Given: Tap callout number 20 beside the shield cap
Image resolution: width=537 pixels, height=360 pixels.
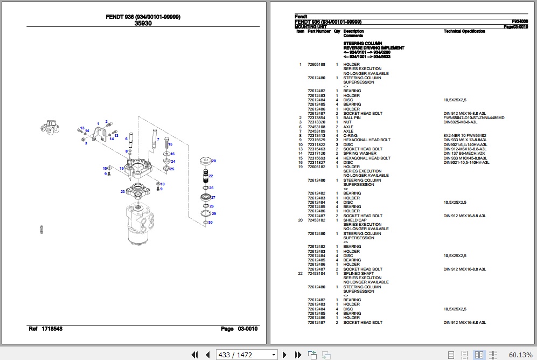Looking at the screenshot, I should [214, 161].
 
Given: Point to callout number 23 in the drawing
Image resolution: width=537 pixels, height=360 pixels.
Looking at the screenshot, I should [123, 192].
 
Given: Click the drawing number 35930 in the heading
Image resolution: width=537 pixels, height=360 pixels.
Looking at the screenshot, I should [143, 23].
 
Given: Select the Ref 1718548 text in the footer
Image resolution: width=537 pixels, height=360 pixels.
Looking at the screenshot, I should [45, 329].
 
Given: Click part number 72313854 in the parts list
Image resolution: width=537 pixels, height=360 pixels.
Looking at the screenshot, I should [316, 118].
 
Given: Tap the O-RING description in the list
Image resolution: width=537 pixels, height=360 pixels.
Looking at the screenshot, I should [351, 136].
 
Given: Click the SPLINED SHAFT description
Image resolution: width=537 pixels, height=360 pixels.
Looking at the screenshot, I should [359, 274].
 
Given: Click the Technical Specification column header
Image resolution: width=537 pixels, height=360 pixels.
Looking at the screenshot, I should [464, 31].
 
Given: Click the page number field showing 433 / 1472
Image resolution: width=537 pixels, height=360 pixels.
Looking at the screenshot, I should [247, 355].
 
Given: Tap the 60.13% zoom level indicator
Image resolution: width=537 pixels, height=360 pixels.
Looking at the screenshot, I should [520, 355].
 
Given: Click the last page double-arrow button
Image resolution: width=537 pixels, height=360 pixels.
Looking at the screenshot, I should [298, 355].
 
